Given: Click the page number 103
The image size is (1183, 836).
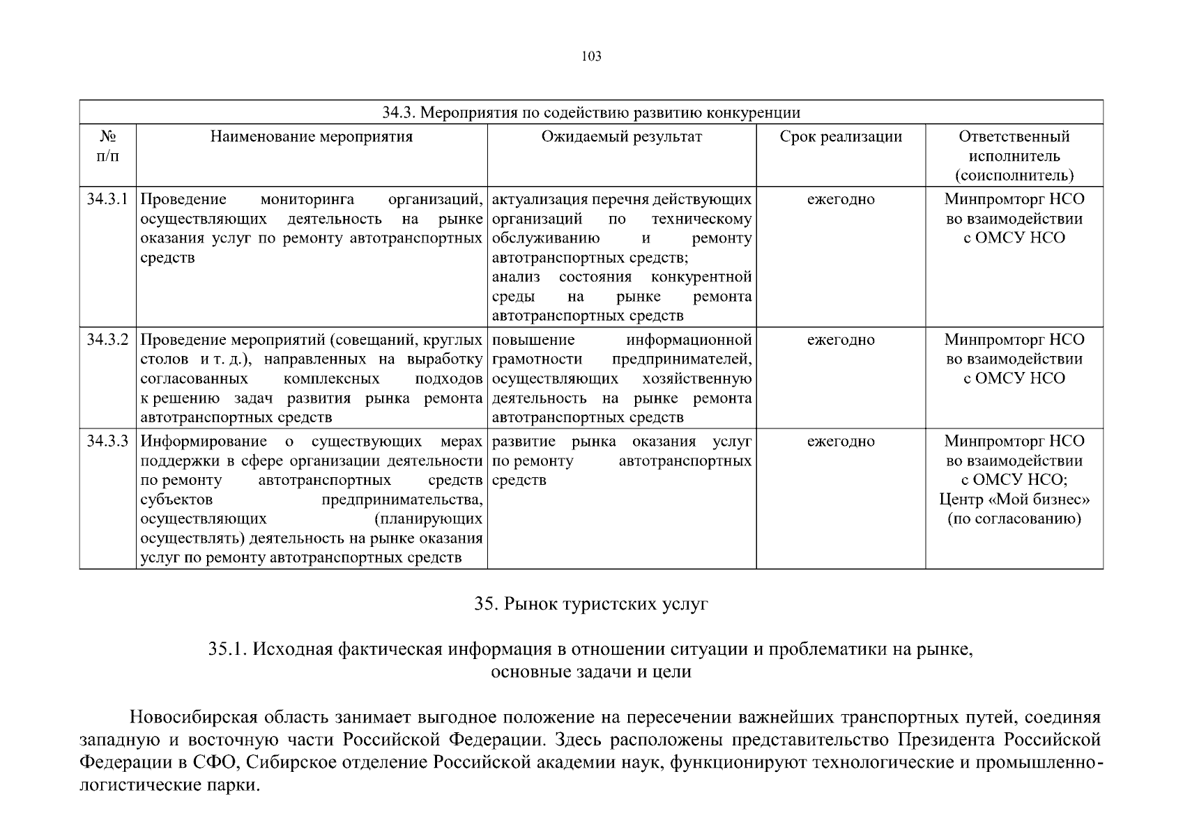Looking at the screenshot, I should [x=591, y=56].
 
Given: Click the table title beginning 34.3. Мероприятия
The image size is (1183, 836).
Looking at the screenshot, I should [x=591, y=113].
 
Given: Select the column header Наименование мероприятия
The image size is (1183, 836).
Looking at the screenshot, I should [x=312, y=137].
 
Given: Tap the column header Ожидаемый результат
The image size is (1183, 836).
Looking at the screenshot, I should [x=622, y=137].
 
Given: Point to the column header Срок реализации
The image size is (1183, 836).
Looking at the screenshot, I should [x=841, y=137].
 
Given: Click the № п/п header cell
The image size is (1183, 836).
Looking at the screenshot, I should [x=107, y=146].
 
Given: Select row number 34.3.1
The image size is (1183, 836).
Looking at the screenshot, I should [x=107, y=199].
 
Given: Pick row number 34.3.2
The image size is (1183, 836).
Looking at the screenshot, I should [x=107, y=340].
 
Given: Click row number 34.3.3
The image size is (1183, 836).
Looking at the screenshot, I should [x=107, y=441].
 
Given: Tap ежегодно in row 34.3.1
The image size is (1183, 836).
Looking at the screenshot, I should [x=841, y=199].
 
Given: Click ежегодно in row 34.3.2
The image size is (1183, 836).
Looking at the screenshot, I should [x=841, y=340].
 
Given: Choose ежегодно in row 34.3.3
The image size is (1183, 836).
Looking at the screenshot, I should [x=841, y=441].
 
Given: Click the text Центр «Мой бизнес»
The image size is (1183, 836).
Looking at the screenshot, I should [x=1014, y=500].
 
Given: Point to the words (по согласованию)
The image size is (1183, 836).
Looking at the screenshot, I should [x=1014, y=519].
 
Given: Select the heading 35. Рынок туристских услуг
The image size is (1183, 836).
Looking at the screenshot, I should [x=591, y=604].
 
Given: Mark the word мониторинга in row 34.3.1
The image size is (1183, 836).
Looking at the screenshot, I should [x=307, y=199].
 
